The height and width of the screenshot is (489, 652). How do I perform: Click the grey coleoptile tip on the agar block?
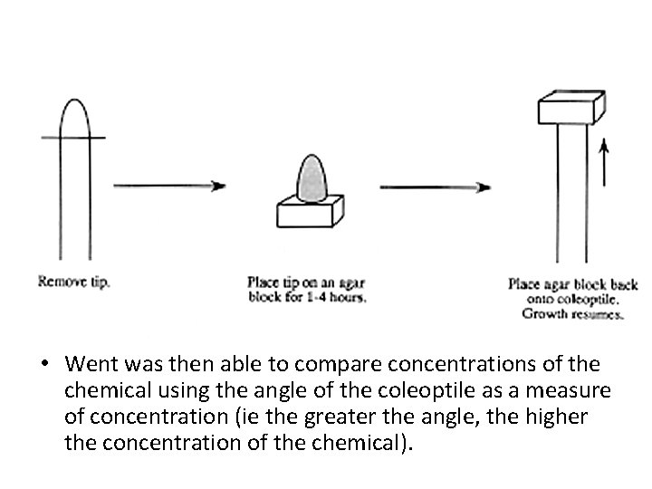tap(312, 178)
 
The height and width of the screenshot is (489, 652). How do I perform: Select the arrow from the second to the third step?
tap(435, 187)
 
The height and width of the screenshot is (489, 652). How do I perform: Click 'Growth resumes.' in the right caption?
tap(573, 315)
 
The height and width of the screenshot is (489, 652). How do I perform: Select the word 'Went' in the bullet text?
tap(89, 364)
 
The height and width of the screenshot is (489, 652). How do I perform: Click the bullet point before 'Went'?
tap(43, 365)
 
